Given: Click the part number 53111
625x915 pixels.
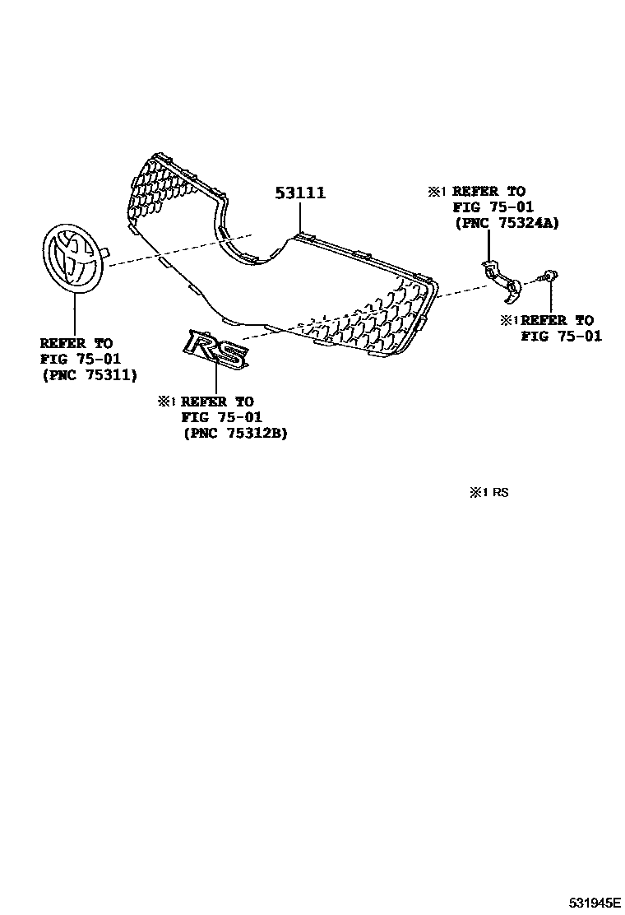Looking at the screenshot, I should click(x=300, y=193).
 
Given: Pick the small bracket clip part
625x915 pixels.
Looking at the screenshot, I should click(x=501, y=276).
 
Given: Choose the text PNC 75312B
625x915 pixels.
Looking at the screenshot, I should click(x=235, y=433).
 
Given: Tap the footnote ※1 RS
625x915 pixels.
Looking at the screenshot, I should click(x=489, y=493).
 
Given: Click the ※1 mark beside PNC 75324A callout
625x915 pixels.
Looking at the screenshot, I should click(x=437, y=192).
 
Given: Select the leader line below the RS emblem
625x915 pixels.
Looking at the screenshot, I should click(x=216, y=379).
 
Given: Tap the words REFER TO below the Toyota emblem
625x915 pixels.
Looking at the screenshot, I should click(x=77, y=342).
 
